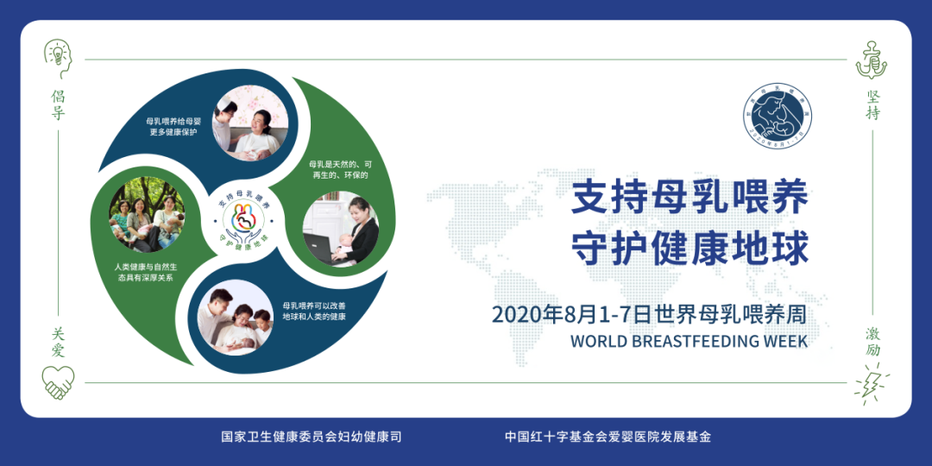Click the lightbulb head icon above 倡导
58,56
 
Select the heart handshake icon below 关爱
58,381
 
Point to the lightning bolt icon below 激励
872,381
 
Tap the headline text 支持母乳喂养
690,199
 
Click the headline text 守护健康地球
690,249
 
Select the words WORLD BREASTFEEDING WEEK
689,341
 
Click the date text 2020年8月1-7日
570,314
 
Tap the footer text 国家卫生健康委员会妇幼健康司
312,437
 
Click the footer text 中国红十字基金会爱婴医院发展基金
608,437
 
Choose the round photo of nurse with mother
249,123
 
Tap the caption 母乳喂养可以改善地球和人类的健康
314,311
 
